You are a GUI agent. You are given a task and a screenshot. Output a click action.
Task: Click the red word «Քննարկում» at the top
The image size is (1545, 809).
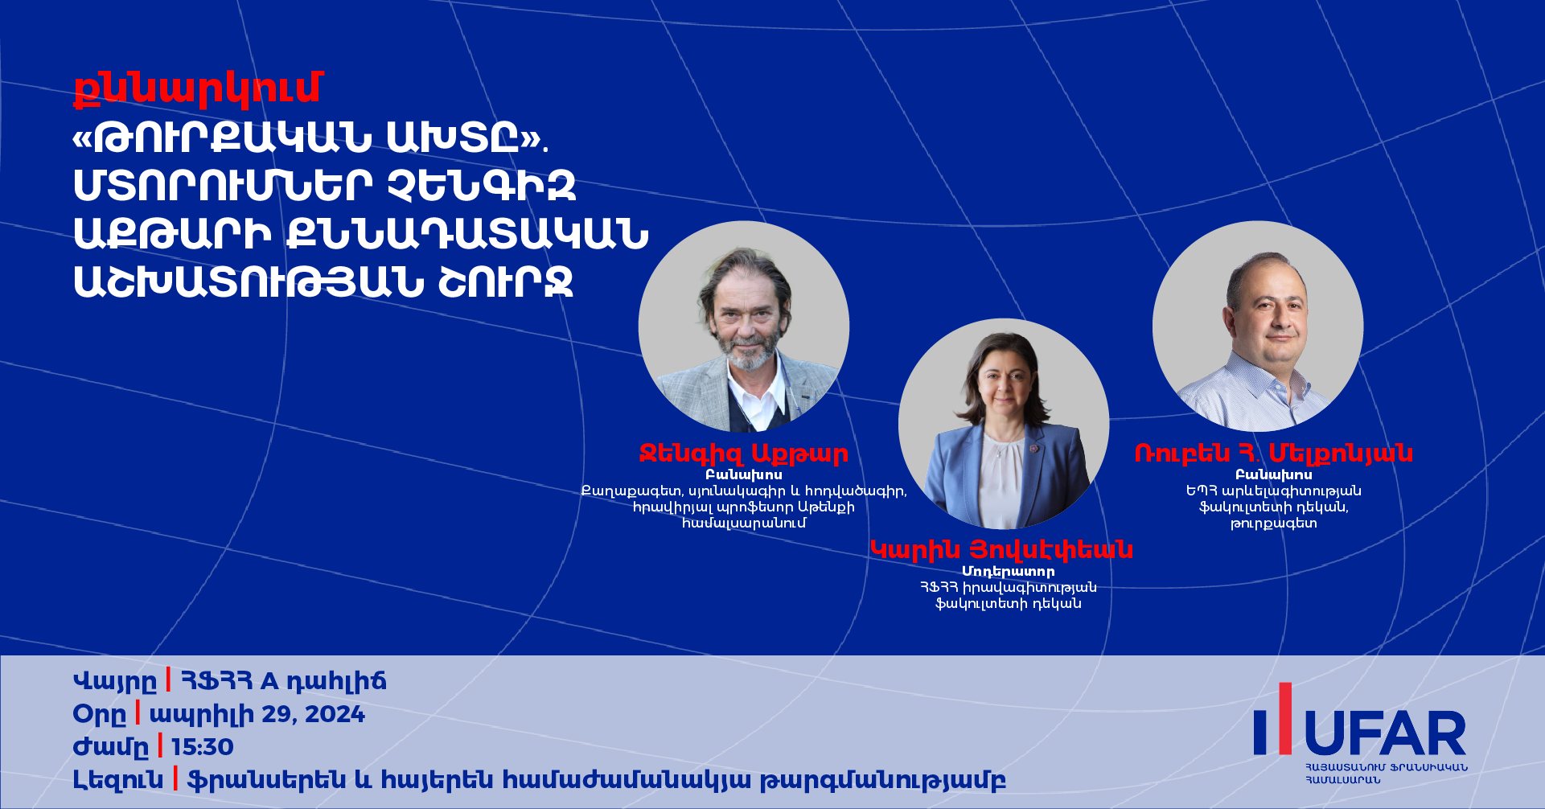(x=197, y=88)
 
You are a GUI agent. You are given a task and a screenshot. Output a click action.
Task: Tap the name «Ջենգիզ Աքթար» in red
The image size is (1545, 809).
(x=743, y=454)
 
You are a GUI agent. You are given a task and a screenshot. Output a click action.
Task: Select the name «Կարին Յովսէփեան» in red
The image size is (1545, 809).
(x=1002, y=550)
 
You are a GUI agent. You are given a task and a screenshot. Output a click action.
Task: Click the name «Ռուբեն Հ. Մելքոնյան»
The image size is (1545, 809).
(x=1273, y=454)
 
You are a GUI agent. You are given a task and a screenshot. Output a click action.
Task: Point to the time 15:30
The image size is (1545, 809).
(x=203, y=747)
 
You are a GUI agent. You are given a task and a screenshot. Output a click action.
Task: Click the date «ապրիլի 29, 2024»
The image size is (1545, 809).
(x=257, y=714)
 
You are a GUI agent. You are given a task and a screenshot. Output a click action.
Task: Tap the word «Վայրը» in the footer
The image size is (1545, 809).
(x=115, y=682)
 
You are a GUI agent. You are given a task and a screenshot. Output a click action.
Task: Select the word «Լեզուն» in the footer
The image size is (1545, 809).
(x=118, y=780)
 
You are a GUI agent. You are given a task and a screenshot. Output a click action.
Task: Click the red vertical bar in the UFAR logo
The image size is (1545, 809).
(x=1285, y=719)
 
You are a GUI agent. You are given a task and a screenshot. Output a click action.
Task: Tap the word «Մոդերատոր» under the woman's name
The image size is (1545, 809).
(x=1008, y=572)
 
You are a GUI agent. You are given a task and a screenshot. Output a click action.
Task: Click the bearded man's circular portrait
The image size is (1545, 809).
(x=744, y=326)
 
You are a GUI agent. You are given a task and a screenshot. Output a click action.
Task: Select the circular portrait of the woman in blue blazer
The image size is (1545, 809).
(x=1004, y=424)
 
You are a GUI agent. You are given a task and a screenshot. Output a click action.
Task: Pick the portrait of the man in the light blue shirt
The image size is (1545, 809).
(x=1258, y=326)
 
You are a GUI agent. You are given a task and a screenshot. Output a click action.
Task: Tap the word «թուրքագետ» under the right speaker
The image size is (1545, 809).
(x=1273, y=524)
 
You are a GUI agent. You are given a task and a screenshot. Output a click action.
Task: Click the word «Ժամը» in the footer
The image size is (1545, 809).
(x=111, y=747)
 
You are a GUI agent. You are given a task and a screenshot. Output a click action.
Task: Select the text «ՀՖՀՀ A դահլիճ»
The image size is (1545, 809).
(x=283, y=682)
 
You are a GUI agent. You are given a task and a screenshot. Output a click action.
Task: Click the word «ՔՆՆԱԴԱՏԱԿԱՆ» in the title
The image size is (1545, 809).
(x=466, y=234)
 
